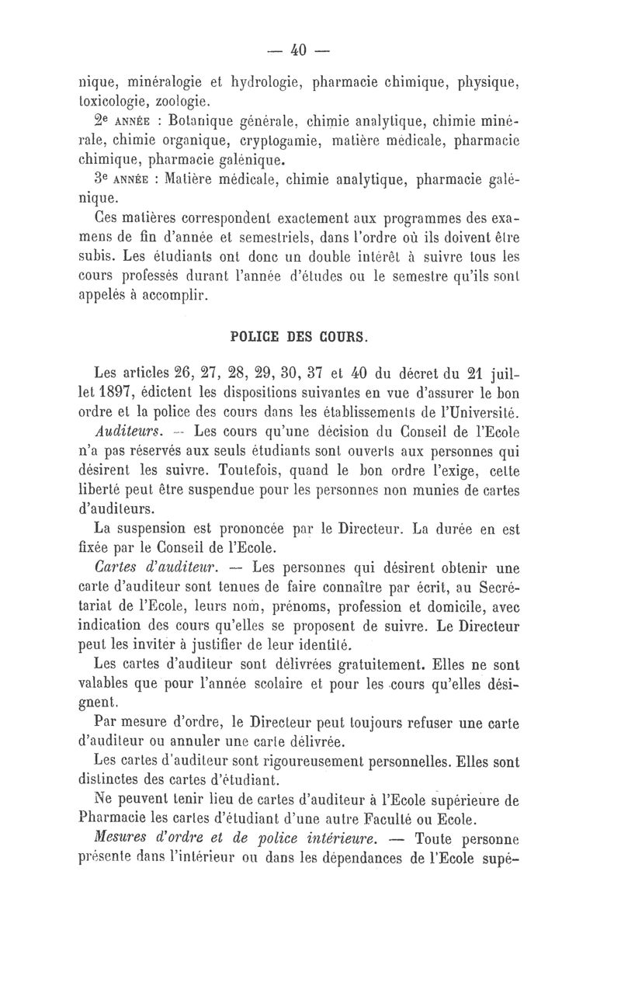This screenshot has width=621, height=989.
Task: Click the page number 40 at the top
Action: click(299, 50)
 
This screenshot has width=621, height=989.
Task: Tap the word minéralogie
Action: click(161, 81)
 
